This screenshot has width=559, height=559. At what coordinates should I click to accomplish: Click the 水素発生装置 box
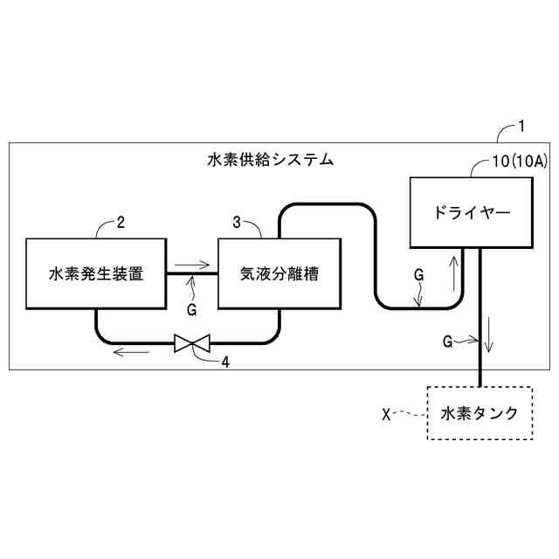coord(96,273)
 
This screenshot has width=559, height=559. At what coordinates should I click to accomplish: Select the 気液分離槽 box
coord(279,273)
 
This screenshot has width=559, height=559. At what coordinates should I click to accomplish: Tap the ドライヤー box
coord(471,212)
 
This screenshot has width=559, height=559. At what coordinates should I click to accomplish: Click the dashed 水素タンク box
coord(479,413)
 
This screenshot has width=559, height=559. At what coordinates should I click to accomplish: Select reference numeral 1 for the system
coord(521,128)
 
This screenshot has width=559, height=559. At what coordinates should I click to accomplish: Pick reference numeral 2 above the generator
coord(121,222)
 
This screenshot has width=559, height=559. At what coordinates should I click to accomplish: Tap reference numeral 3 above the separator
coord(238,222)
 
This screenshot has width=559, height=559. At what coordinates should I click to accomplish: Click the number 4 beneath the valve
coord(226,362)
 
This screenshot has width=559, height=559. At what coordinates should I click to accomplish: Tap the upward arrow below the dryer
coord(454,273)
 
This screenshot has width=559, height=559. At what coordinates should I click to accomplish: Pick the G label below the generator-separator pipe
coord(191,309)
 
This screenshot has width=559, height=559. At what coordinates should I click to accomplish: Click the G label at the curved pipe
coord(418,274)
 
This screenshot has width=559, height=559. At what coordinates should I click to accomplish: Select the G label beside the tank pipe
coord(448,342)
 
